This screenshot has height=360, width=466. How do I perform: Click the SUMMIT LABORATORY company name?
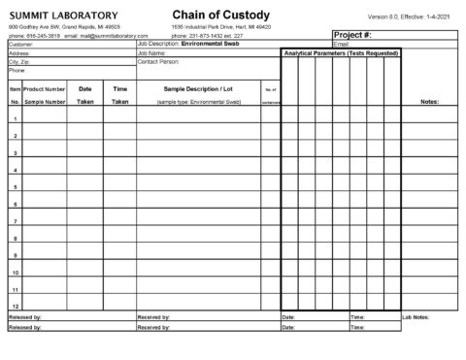point(65,15)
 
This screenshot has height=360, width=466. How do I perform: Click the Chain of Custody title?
point(216,14)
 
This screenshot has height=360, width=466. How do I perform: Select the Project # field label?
point(354,35)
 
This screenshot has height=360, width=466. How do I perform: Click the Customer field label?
point(20,45)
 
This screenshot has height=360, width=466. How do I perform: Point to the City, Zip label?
point(22,62)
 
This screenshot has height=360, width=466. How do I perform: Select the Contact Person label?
point(161,62)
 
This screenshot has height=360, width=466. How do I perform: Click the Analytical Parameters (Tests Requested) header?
point(341,53)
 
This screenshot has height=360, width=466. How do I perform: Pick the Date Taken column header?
point(85,94)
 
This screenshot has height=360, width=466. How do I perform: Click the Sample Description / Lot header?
point(200,88)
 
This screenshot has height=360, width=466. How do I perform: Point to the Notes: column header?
point(429,101)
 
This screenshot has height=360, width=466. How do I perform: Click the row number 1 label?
point(15,119)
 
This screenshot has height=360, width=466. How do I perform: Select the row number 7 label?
point(15,221)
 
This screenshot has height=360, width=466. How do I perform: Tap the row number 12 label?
point(15,306)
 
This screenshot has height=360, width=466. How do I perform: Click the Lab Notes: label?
point(415,317)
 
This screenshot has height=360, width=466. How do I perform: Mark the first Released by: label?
point(25,317)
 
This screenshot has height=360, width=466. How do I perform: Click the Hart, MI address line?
point(221,26)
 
